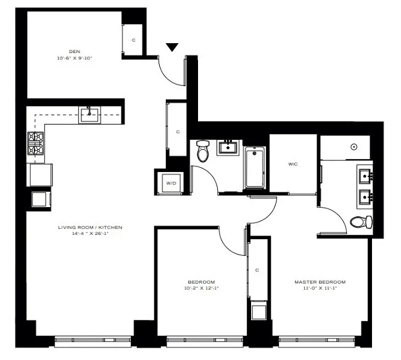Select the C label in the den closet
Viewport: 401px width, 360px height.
pyautogui.click(x=134, y=41)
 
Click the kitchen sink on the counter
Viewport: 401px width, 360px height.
pyautogui.click(x=90, y=112)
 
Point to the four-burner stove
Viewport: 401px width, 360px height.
pyautogui.click(x=35, y=143)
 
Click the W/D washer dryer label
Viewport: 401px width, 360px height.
pyautogui.click(x=168, y=182)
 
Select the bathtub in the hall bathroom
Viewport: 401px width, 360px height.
pyautogui.click(x=254, y=167)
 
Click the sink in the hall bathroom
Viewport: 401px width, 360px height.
pyautogui.click(x=228, y=148)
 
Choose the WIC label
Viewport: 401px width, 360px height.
pyautogui.click(x=293, y=165)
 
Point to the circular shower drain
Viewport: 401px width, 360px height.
pyautogui.click(x=354, y=147)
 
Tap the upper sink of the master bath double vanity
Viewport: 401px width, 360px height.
pyautogui.click(x=364, y=176)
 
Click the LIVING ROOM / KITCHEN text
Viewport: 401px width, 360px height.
pyautogui.click(x=90, y=227)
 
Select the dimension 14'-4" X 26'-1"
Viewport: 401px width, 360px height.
pyautogui.click(x=90, y=234)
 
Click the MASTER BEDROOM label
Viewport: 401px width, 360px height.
pyautogui.click(x=319, y=282)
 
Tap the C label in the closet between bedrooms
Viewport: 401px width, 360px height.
pyautogui.click(x=257, y=270)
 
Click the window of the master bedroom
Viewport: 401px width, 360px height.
pyautogui.click(x=320, y=339)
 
